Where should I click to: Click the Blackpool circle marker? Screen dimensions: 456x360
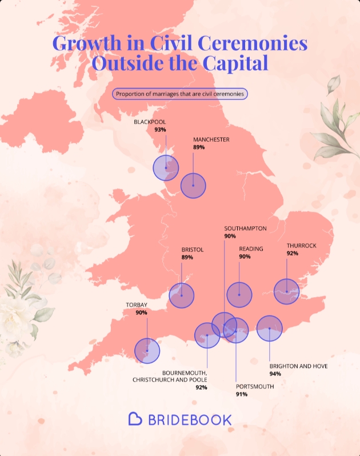tap(166, 168)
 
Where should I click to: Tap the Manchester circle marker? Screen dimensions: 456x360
tap(193, 186)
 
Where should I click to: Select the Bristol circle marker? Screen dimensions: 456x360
tap(181, 295)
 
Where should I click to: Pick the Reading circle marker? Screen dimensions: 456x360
tap(239, 295)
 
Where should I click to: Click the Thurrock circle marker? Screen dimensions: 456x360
tap(287, 291)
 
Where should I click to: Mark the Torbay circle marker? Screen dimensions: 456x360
tap(147, 351)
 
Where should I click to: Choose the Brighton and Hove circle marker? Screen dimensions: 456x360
tap(270, 329)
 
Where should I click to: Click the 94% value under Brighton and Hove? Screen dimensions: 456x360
tap(275, 374)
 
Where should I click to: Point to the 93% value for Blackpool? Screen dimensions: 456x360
tap(160, 130)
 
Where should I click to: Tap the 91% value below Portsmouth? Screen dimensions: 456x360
tap(242, 394)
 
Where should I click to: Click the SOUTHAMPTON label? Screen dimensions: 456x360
tap(245, 228)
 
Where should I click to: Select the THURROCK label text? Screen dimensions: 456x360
tap(301, 246)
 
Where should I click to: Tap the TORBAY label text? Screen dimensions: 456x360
tap(137, 305)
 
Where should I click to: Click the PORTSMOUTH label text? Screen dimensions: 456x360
tap(255, 387)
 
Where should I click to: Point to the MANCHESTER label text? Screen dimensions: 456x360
tap(211, 139)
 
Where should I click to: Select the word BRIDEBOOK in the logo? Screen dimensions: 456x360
tap(190, 419)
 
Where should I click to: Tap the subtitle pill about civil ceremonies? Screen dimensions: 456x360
tap(180, 94)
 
